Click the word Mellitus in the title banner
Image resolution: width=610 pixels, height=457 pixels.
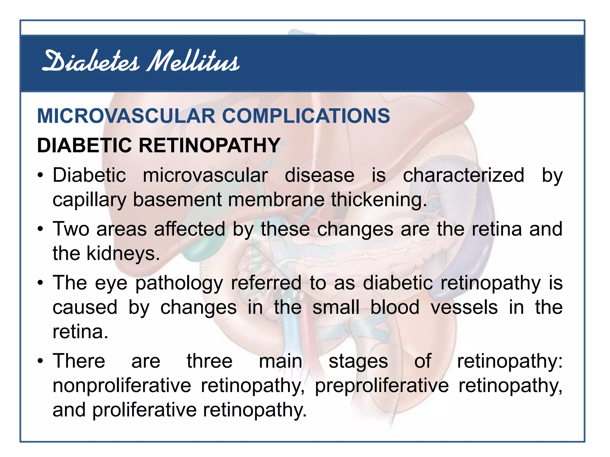193,62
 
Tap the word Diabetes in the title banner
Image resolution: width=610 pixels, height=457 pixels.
91,62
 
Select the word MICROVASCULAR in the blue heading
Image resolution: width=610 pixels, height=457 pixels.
126,116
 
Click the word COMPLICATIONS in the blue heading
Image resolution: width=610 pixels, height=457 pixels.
306,116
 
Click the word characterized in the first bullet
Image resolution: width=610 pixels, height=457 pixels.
463,175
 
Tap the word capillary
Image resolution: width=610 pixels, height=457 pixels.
89,200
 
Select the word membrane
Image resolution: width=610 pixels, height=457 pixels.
276,199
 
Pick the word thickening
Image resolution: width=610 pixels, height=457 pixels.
379,200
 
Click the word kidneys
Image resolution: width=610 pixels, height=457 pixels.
123,253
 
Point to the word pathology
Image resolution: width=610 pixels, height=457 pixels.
179,283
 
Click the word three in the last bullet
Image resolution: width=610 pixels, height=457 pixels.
209,361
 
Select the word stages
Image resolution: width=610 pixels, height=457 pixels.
358,362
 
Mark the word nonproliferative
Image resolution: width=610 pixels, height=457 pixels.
122,386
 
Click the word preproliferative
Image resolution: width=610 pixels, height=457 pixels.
382,386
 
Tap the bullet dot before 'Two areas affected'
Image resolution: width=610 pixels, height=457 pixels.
41,229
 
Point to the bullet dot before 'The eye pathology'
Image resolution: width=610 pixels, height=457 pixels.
41,283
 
